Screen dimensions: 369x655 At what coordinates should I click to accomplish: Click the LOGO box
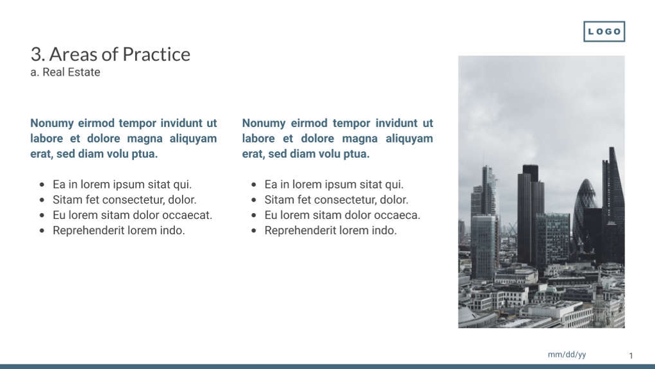(x=604, y=31)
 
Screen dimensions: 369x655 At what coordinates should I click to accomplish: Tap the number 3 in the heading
(x=35, y=55)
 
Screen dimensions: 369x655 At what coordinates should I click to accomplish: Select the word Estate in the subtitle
(x=84, y=73)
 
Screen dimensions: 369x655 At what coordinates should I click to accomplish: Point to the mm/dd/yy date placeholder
(x=567, y=355)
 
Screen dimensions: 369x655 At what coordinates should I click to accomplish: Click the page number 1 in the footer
(x=631, y=356)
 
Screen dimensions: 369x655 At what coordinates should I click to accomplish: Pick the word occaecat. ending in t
(x=186, y=215)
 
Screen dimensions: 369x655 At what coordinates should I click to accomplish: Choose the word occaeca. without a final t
(x=395, y=215)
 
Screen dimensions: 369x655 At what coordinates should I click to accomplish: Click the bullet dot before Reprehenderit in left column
(x=42, y=230)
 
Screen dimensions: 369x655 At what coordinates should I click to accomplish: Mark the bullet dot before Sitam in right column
(x=254, y=200)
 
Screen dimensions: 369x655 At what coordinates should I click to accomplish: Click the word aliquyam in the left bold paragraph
(x=193, y=139)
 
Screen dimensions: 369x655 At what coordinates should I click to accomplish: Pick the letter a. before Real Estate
(x=35, y=73)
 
